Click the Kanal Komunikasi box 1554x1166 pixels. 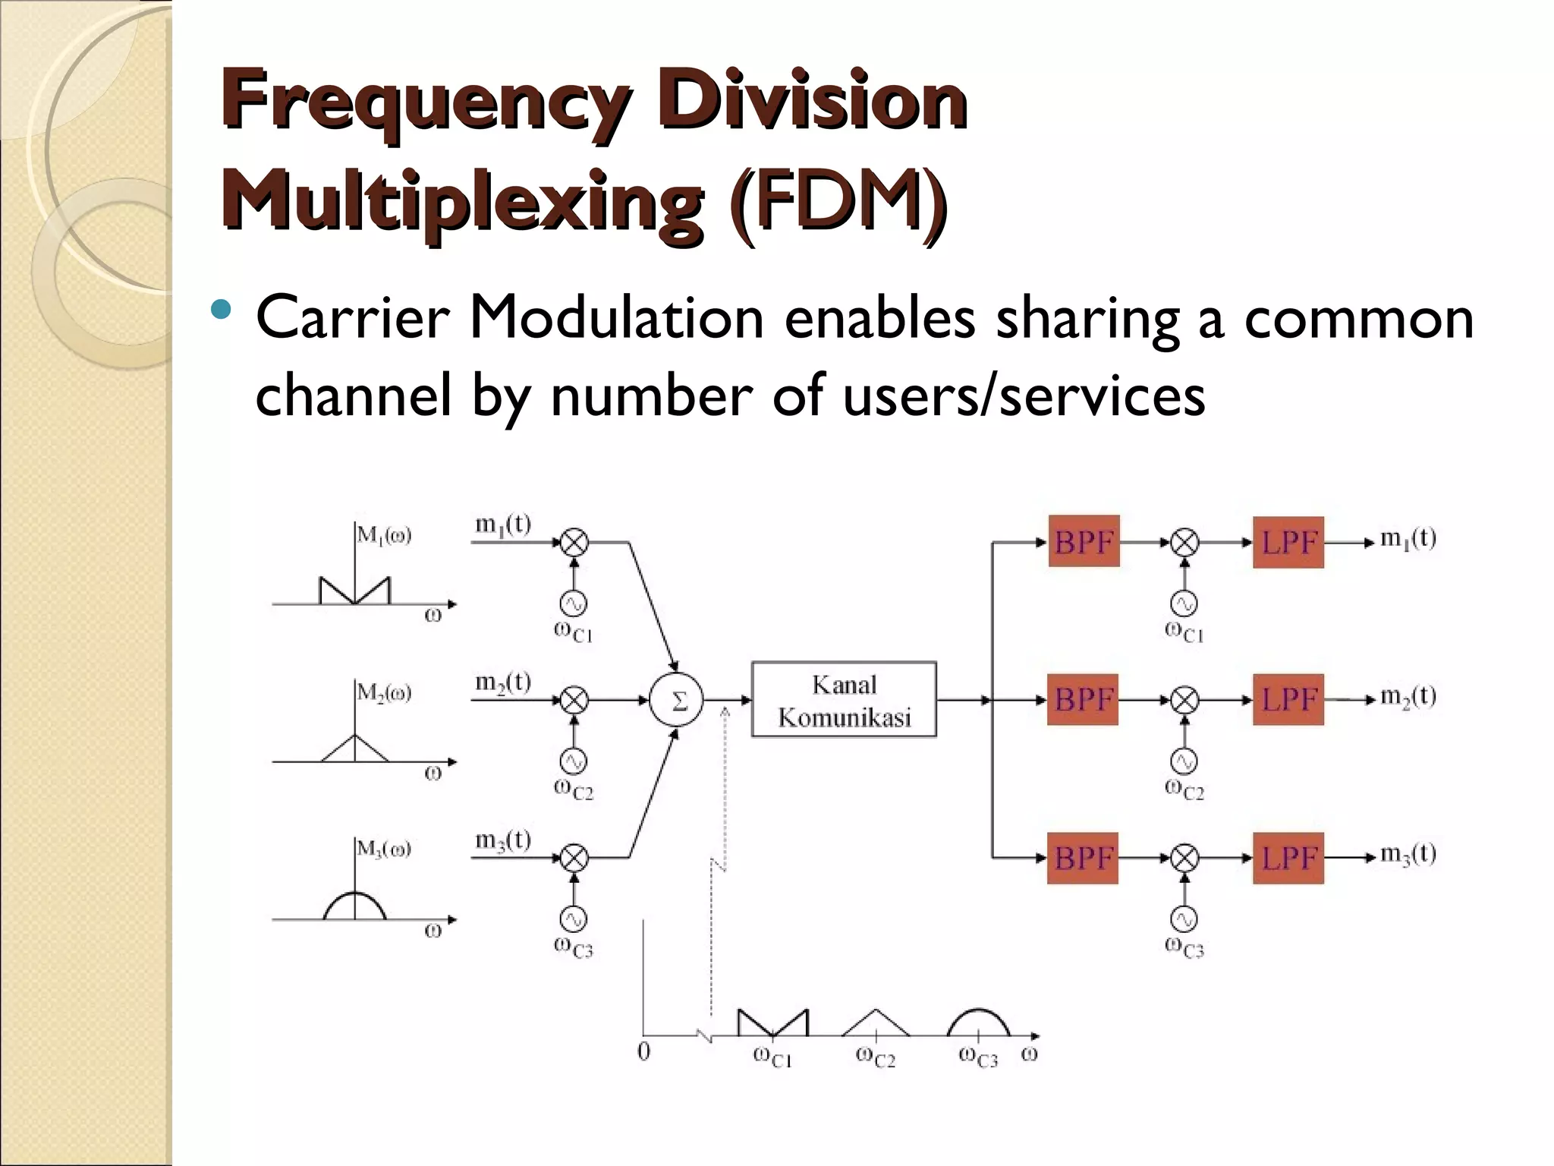(844, 700)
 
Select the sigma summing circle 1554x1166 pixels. (676, 700)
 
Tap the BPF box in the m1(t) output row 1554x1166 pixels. (1084, 542)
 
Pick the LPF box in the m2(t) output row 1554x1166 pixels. (1288, 699)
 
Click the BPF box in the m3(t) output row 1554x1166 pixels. (1083, 858)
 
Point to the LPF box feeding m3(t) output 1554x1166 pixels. (1288, 858)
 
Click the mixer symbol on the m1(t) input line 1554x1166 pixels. (574, 542)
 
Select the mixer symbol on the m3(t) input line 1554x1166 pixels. (574, 858)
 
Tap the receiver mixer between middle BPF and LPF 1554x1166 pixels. (1184, 699)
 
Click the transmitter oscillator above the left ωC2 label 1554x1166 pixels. (574, 761)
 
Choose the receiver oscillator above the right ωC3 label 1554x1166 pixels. (1184, 919)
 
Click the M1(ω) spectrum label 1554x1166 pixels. (384, 535)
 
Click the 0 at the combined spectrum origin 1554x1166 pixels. (643, 1051)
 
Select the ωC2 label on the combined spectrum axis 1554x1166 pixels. (876, 1056)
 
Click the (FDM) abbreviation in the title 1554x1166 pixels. (837, 199)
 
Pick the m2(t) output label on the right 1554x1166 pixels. (1408, 696)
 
